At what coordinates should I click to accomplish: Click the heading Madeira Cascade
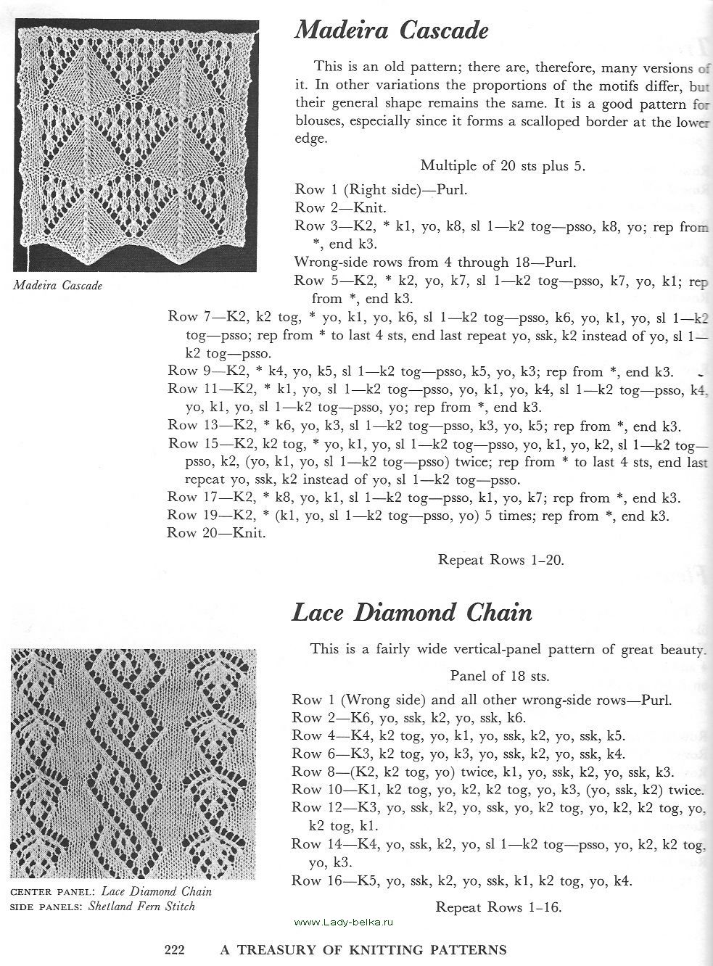click(x=391, y=31)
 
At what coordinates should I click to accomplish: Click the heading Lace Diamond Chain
click(x=411, y=613)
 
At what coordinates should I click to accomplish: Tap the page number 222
click(x=177, y=949)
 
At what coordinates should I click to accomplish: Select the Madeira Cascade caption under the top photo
click(x=58, y=285)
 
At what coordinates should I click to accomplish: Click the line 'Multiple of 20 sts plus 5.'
click(x=503, y=166)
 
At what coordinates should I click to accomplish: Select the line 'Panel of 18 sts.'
click(x=499, y=677)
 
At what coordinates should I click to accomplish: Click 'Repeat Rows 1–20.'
click(x=501, y=559)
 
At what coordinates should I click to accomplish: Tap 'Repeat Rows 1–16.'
click(x=499, y=907)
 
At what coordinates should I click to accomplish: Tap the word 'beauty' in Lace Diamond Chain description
click(x=683, y=650)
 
